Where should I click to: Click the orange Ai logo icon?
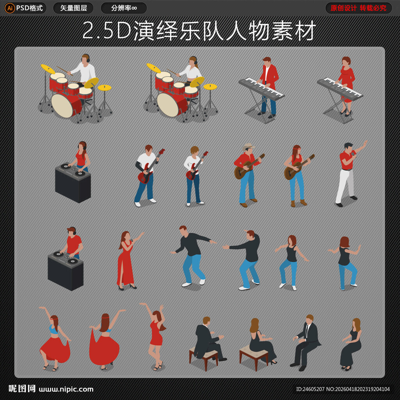pyautogui.click(x=10, y=8)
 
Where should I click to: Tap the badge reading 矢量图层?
pyautogui.click(x=73, y=8)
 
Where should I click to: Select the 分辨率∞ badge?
pyautogui.click(x=124, y=8)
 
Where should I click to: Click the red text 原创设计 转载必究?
pyautogui.click(x=358, y=8)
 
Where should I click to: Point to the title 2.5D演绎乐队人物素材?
pyautogui.click(x=199, y=31)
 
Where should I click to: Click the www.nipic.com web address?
pyautogui.click(x=66, y=389)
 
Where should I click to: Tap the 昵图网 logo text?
pyautogui.click(x=22, y=389)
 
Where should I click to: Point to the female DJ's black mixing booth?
pyautogui.click(x=73, y=184)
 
